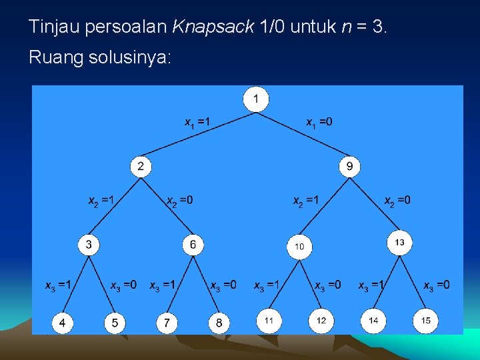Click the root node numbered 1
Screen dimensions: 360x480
(257, 100)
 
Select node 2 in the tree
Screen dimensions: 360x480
(141, 166)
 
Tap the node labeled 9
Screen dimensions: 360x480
(349, 166)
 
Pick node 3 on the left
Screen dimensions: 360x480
(89, 245)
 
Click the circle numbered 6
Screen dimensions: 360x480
(193, 245)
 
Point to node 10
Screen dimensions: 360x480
(299, 247)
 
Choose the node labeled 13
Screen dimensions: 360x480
(399, 243)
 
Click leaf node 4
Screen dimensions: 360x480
(63, 323)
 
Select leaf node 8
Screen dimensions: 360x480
(219, 323)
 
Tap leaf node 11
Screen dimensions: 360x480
(269, 321)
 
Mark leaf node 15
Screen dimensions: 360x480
(425, 321)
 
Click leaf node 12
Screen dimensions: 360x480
(321, 321)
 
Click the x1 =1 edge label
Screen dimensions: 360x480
(197, 123)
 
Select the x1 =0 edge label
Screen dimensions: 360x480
(319, 123)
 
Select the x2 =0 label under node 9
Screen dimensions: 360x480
(397, 201)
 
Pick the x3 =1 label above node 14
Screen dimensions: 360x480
(372, 286)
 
